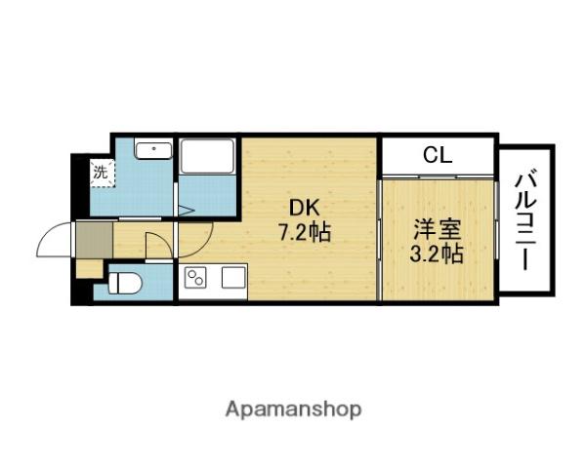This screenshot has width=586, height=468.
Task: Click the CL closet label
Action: tap(438, 155)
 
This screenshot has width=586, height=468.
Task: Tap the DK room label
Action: tap(305, 209)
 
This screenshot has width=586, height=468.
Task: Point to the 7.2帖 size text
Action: tap(304, 234)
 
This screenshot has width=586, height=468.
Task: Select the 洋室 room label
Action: tap(437, 229)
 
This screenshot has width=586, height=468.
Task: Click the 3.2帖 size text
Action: tap(437, 254)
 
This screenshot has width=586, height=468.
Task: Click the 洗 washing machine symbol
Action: tap(102, 174)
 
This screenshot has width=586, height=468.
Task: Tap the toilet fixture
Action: tap(125, 284)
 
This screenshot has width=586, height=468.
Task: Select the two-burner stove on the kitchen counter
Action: tap(196, 278)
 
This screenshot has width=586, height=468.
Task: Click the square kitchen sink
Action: tap(233, 278)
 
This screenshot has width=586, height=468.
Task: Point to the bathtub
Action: tap(207, 156)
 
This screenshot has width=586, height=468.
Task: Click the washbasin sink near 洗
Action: tap(154, 149)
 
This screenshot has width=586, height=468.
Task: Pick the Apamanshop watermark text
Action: tap(293, 409)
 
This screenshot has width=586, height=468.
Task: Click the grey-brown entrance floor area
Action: tap(95, 240)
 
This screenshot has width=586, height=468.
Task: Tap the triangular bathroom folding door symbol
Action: tap(187, 211)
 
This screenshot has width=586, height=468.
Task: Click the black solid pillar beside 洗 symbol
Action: tap(80, 186)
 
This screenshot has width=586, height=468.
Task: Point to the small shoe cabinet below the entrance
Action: tap(90, 268)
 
